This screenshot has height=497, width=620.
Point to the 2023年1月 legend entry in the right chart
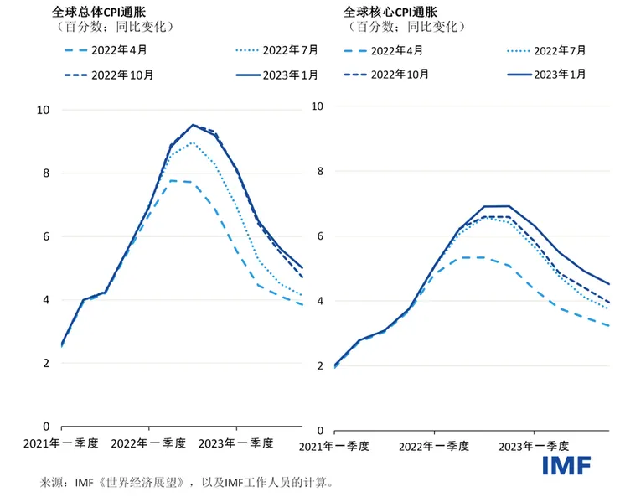point(553,75)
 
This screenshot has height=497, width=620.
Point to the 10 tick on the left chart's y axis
point(44,110)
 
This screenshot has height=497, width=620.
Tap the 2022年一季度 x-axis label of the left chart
point(147,443)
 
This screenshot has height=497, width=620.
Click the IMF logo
point(566,465)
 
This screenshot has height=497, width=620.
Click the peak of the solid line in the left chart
point(193,125)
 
